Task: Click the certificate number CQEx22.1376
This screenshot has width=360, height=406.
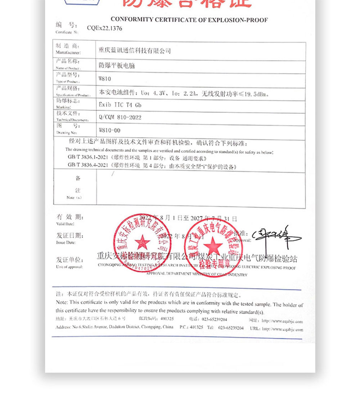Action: pos(104,28)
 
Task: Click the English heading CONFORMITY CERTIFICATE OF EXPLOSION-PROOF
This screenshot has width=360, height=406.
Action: pos(189,19)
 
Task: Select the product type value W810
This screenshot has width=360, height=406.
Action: pos(105,79)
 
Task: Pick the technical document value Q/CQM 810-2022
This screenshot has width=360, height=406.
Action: pos(120,117)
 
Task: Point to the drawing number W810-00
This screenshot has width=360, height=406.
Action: pos(109,130)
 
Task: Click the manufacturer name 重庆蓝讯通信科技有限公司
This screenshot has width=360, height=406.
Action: pos(135,51)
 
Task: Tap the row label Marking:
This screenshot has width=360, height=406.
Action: pos(63,107)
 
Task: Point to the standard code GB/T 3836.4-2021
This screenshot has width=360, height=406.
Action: pos(88,165)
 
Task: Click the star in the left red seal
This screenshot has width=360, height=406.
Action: pos(142,242)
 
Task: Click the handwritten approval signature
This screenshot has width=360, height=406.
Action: pos(275,237)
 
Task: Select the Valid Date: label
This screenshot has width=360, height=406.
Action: pos(65,224)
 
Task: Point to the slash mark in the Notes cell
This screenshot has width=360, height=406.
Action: pos(113,174)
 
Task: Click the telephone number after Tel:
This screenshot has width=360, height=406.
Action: pos(230,328)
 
